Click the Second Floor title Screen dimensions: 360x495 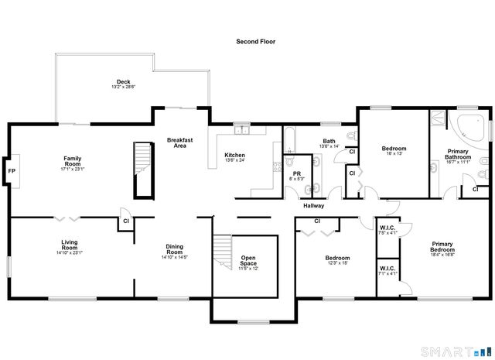pos(255,41)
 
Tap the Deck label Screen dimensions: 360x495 pos(123,82)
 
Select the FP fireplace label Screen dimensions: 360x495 pos(12,170)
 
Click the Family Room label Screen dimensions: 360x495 pos(73,161)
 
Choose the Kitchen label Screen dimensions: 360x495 pos(234,155)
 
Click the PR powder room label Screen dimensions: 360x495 pos(296,174)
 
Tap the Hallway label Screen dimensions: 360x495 pos(313,205)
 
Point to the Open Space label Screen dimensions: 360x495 pos(248,260)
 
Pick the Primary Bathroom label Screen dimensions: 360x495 pos(459,154)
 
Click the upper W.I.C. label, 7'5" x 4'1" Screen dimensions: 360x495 pos(387,229)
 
